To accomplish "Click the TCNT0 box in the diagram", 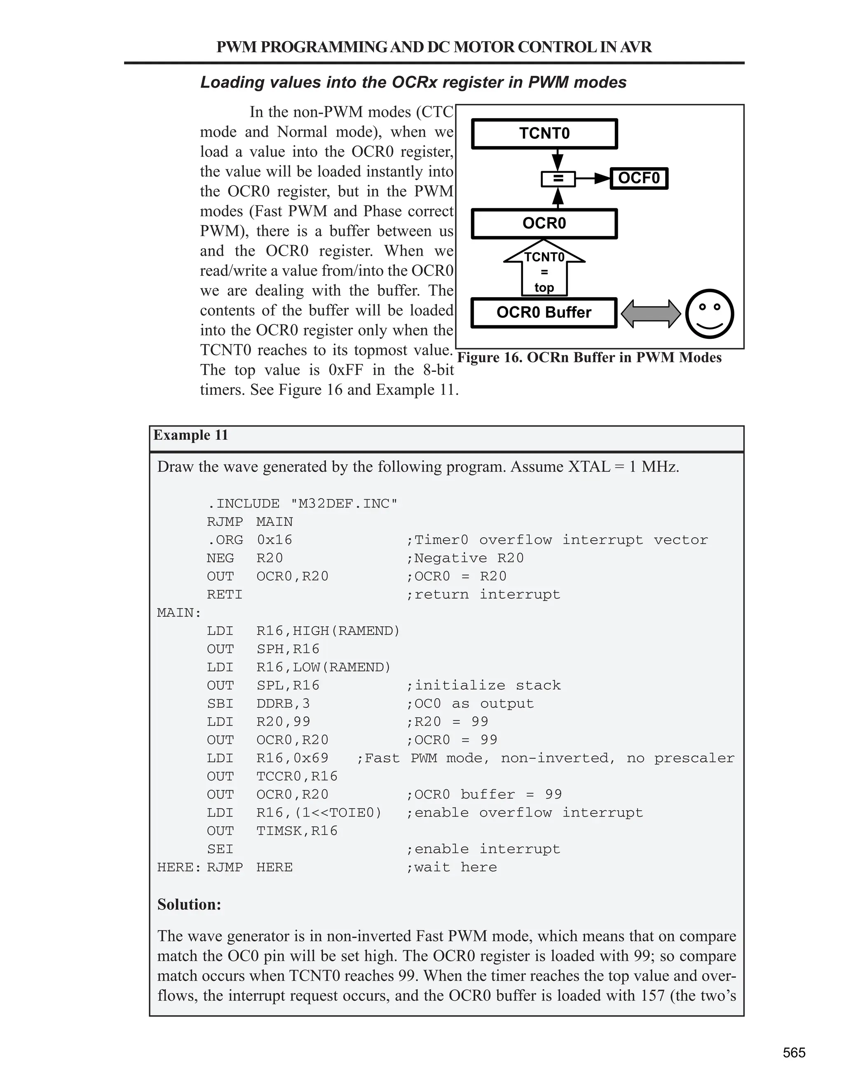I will (x=544, y=133).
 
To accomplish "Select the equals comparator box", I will (x=558, y=178).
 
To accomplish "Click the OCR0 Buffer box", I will (x=544, y=313).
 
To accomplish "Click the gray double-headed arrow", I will (x=650, y=314).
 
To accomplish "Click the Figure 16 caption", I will (x=589, y=358).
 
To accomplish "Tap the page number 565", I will (x=794, y=1053).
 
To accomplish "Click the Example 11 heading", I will (x=190, y=435).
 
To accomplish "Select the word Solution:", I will (x=189, y=904).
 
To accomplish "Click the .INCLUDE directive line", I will (x=302, y=504).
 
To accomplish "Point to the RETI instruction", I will (x=225, y=594).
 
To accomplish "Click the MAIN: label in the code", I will (x=179, y=613).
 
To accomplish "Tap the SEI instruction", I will (x=220, y=849).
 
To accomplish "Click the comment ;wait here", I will (x=452, y=867).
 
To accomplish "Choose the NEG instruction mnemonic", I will (x=220, y=558).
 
